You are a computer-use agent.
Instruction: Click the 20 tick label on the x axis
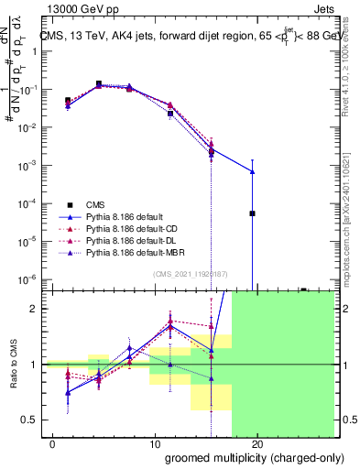[256, 444]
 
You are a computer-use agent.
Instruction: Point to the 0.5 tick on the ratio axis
[29, 420]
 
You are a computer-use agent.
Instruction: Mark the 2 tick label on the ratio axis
[33, 309]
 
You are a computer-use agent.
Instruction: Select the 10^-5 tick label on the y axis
[27, 242]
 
